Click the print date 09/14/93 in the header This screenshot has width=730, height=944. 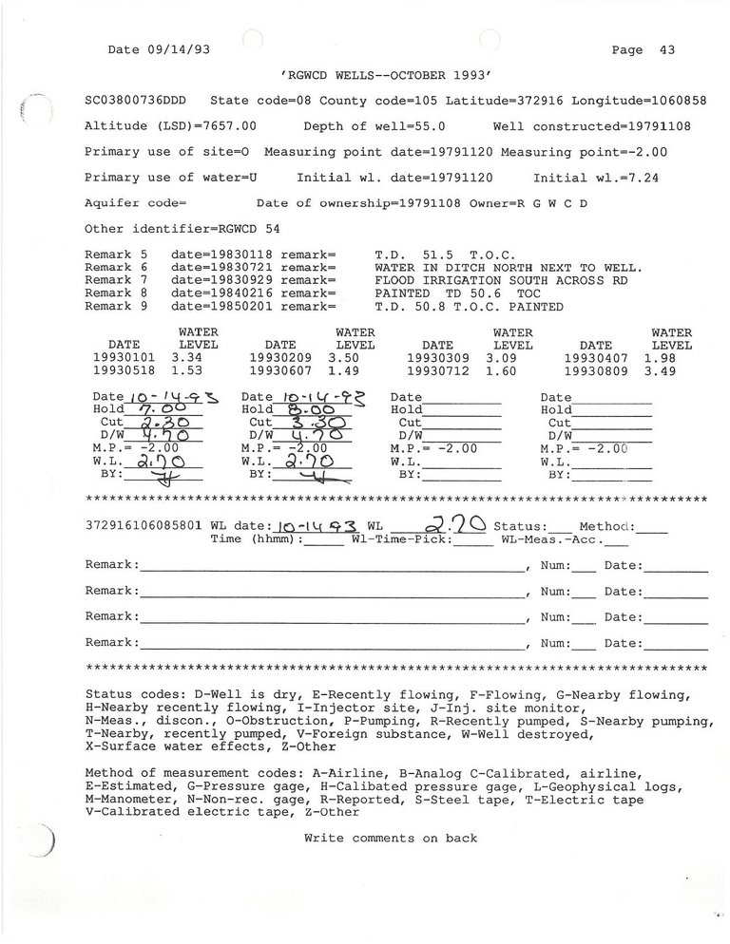pos(178,50)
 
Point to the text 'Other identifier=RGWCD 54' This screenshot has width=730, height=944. pos(182,229)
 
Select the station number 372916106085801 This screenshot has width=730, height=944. pos(144,526)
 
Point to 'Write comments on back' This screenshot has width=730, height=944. pos(391,839)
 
